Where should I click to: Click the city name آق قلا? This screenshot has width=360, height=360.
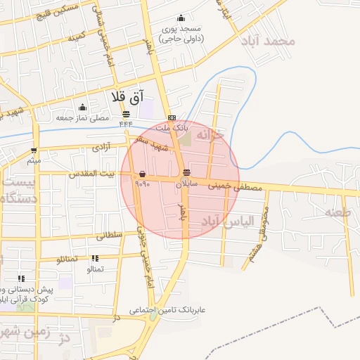coord(127,96)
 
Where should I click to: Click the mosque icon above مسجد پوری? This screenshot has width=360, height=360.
coord(181,18)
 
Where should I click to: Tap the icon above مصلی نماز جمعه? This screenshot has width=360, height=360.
coord(83,108)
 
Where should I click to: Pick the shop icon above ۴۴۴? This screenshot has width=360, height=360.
coord(126,114)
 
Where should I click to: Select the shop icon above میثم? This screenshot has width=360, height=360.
coord(34,150)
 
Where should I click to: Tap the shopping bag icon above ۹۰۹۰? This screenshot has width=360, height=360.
coord(143,173)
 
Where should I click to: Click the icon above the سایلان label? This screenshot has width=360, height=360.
coord(186,172)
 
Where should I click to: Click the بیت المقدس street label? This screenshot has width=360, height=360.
coord(91,173)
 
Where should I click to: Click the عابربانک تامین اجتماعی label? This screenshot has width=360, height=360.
coord(167,309)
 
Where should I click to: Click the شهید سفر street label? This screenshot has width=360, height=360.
coord(150,141)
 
